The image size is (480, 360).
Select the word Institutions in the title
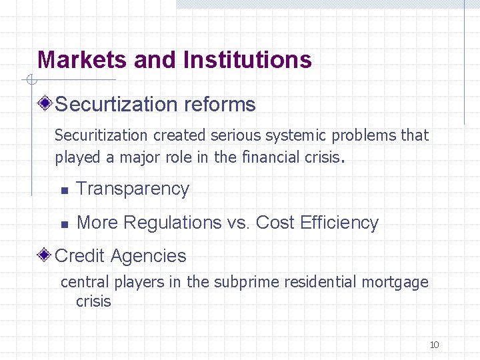247,60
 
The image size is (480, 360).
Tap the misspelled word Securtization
115,105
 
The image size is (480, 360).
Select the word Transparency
133,189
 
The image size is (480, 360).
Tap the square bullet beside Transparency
64,191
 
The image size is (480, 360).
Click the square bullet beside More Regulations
64,225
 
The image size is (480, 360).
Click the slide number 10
434,345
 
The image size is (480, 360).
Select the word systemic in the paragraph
293,135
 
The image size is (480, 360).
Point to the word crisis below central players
93,301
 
